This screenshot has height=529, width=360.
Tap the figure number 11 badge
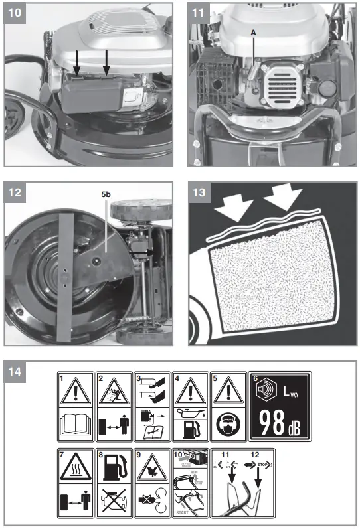[x=199, y=13]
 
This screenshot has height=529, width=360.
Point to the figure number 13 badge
[x=199, y=193]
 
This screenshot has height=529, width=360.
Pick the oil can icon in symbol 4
[x=191, y=413]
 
